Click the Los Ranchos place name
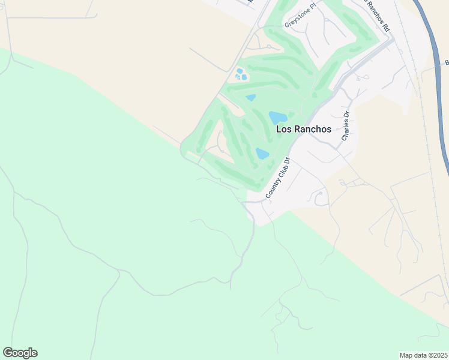tap(303, 129)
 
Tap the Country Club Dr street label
tap(277, 178)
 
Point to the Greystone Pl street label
tap(300, 20)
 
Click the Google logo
tap(20, 353)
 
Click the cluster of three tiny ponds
tap(241, 74)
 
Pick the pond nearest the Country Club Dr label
tap(262, 154)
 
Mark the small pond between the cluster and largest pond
tap(250, 97)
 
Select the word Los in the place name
tap(283, 129)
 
